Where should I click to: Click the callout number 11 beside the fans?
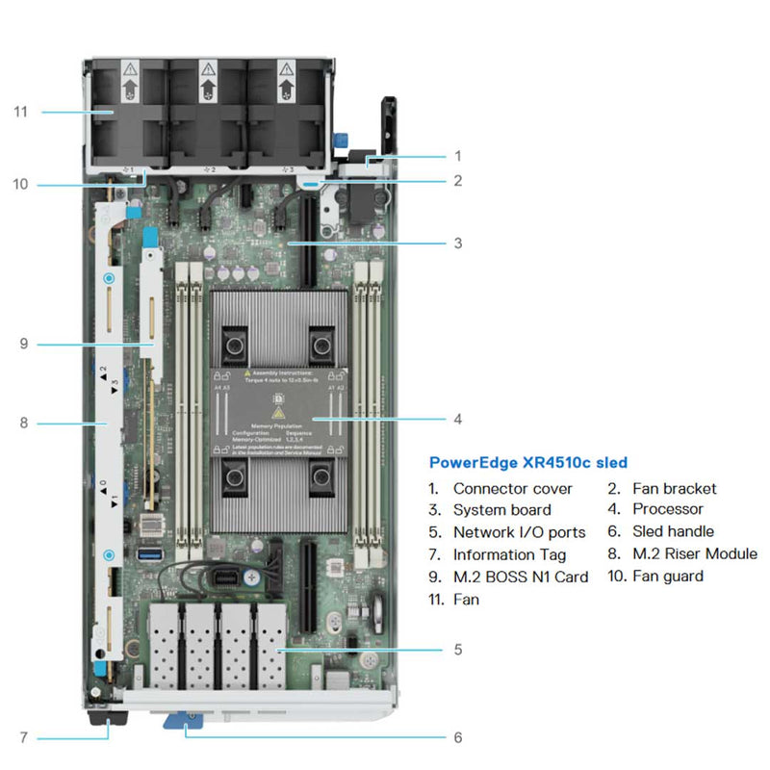coord(21,112)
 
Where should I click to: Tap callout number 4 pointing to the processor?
coord(458,419)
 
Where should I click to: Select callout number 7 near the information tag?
coord(21,738)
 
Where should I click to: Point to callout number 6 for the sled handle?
coord(458,738)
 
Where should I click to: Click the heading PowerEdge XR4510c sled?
coord(527,463)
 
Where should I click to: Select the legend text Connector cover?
coord(512,488)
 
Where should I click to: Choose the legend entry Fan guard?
coord(667,577)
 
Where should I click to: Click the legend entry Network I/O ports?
coord(519,532)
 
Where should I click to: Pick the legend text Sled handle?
coord(674,532)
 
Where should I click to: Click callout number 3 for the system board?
coord(458,244)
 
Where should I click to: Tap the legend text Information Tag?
coord(509,554)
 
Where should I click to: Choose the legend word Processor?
coord(668,510)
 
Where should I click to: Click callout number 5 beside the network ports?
coord(458,650)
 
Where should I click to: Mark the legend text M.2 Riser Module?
coord(695,554)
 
